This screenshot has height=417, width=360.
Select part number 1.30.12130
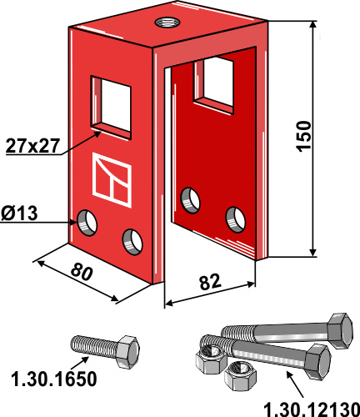pyautogui.click(x=307, y=408)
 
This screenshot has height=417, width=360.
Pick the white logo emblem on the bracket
pyautogui.click(x=111, y=179)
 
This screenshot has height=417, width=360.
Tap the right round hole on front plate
pyautogui.click(x=132, y=241)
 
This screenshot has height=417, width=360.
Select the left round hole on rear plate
pyautogui.click(x=191, y=200)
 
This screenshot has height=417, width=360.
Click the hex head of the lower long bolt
pyautogui.click(x=317, y=358)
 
